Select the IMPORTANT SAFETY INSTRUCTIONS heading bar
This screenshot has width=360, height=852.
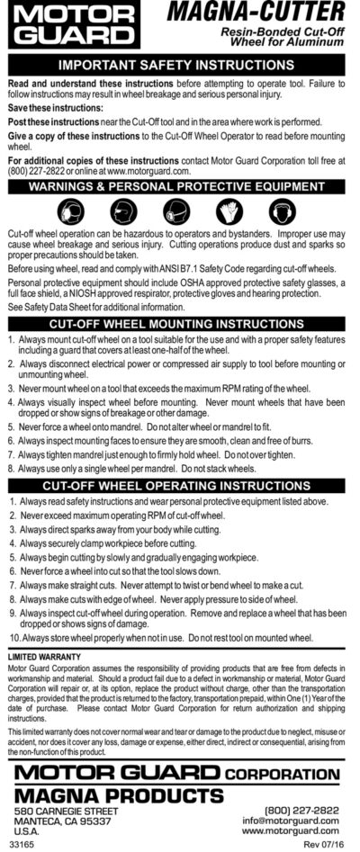tap(180, 66)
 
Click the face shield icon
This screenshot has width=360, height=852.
tap(124, 211)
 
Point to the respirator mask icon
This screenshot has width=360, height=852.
tap(180, 211)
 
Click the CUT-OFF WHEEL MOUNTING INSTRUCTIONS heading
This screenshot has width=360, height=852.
tap(180, 323)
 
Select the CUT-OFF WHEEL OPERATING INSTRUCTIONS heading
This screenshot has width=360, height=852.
tap(180, 484)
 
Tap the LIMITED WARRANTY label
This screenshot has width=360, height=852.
tap(43, 659)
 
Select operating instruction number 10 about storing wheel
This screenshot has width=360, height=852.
tap(162, 638)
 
